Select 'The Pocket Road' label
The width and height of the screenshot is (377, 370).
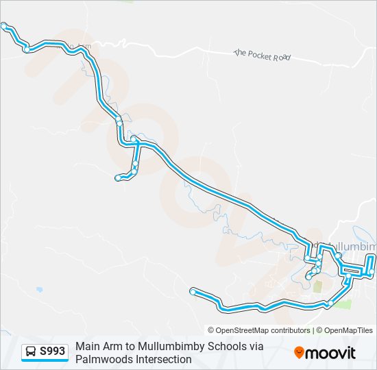(x=262, y=55)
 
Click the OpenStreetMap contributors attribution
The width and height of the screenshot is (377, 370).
(x=259, y=330)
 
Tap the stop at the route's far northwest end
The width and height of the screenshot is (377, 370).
(x=4, y=25)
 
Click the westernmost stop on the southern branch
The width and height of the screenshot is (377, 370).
(x=193, y=292)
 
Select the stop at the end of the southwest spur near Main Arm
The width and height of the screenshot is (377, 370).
(x=118, y=178)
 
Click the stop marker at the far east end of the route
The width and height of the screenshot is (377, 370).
(x=372, y=273)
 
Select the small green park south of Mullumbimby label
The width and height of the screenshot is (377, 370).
(x=318, y=286)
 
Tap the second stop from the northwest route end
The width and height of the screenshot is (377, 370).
(x=26, y=49)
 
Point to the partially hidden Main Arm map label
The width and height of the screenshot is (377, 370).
(x=81, y=47)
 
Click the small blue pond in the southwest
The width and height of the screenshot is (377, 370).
(x=39, y=290)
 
